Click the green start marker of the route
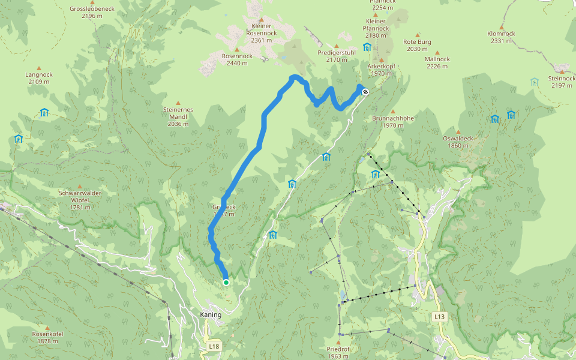click(226, 282)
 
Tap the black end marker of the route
click(365, 92)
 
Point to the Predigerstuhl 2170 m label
click(337, 56)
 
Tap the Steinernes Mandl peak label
click(178, 116)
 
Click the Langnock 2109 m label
click(39, 78)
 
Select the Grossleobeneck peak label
click(92, 12)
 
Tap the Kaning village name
click(210, 314)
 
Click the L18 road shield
click(214, 346)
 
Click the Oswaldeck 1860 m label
click(458, 142)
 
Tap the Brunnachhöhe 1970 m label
click(393, 122)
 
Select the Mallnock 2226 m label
click(437, 62)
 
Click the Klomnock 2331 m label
click(501, 37)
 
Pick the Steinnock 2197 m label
click(561, 82)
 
